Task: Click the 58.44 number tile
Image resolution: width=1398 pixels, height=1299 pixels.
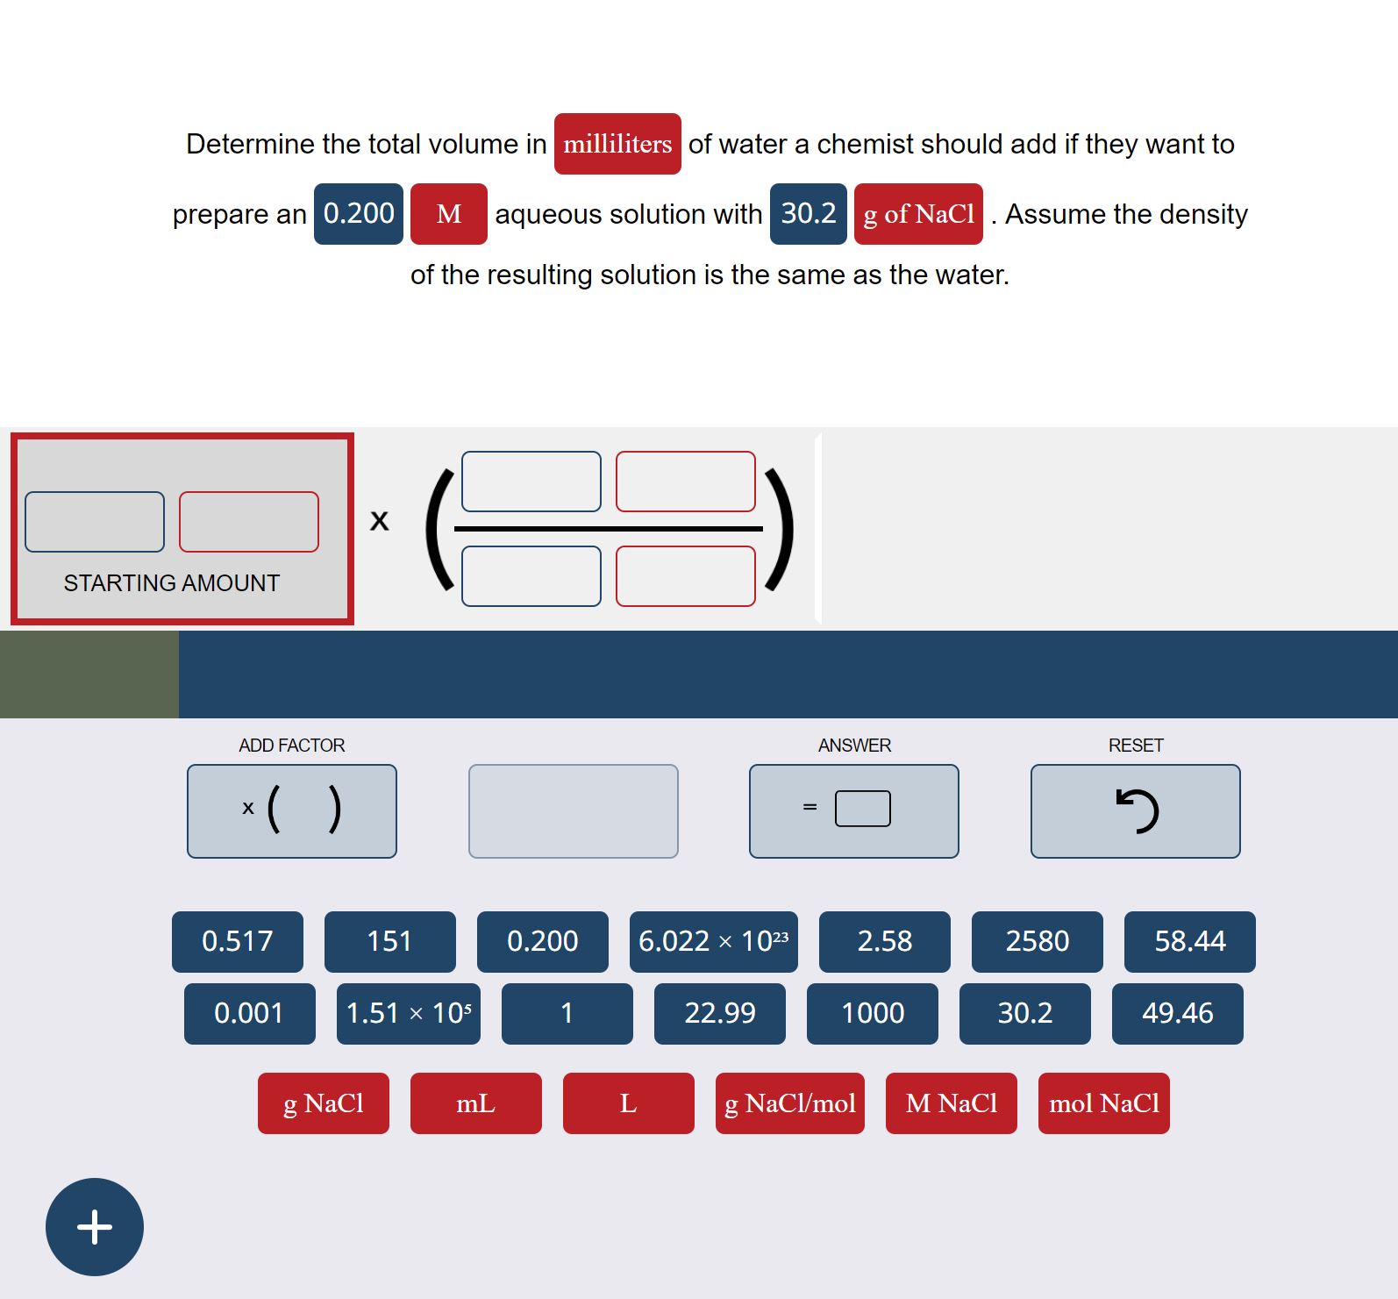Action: pos(1189,941)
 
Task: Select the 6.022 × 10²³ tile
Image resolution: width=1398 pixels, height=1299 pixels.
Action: pos(713,941)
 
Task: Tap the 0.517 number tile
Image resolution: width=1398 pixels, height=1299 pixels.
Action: pos(237,941)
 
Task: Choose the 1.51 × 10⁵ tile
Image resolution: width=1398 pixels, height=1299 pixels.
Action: pos(408,1013)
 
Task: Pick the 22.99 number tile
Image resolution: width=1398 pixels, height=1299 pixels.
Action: pos(719,1013)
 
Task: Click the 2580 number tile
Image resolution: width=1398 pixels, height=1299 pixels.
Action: pos(1037,941)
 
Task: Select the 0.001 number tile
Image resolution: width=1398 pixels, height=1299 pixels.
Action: pos(249,1013)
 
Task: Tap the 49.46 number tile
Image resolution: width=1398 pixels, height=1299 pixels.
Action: pos(1177,1013)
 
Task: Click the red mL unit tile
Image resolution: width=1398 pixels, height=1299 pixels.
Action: pos(475,1103)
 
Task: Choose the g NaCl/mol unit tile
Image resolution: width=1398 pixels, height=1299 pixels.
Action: pos(789,1103)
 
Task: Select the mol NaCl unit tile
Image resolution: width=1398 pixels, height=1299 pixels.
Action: pos(1103,1103)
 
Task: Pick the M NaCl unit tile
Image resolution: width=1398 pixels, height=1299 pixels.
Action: pos(951,1103)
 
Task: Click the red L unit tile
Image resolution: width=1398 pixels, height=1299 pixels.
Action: pos(628,1103)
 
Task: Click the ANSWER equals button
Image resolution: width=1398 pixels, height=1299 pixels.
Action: pos(853,810)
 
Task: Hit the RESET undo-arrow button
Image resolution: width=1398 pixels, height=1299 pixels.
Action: pos(1135,810)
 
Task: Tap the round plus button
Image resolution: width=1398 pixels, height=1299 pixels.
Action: pos(95,1226)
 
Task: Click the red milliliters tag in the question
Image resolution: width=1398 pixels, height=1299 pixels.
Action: pos(617,144)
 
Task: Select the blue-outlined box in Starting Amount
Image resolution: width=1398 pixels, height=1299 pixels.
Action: pos(95,522)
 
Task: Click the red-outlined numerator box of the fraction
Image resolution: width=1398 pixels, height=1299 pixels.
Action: pos(685,482)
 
